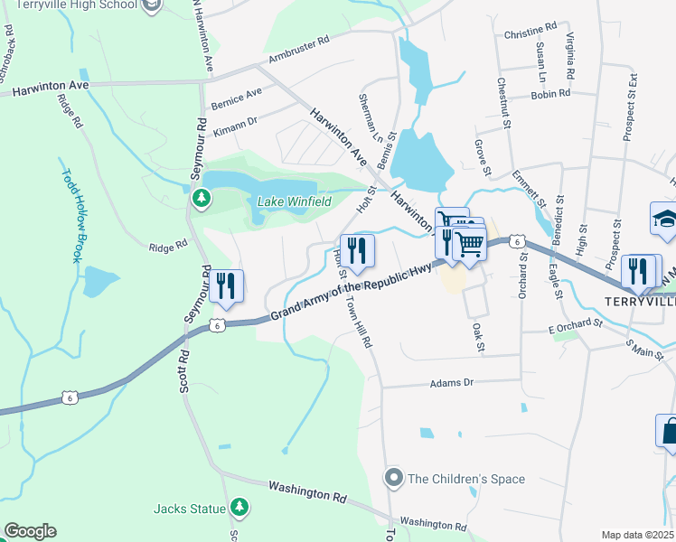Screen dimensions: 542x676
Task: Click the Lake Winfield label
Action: [295, 201]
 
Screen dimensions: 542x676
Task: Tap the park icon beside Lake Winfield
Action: [202, 196]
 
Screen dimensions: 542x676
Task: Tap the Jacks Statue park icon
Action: [239, 508]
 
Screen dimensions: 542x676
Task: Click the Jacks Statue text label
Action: [190, 509]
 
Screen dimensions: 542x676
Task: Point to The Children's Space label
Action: [466, 479]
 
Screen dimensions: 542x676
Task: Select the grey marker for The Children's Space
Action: [393, 477]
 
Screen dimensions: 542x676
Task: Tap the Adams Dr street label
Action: [452, 383]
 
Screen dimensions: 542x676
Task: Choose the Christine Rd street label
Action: [530, 33]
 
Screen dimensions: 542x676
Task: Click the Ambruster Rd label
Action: [294, 51]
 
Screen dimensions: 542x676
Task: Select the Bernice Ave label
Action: [236, 98]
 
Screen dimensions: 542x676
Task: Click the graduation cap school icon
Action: [663, 220]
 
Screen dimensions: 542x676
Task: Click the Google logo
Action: [30, 531]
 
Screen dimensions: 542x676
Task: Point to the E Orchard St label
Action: [575, 323]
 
